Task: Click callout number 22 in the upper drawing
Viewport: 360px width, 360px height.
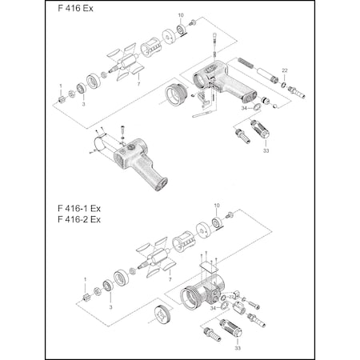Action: [284, 71]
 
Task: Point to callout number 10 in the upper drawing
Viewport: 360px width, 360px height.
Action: [180, 15]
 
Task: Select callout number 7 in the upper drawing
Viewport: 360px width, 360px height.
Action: [139, 83]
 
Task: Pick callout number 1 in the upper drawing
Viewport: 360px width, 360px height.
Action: [60, 86]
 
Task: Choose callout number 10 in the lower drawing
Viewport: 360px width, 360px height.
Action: [216, 206]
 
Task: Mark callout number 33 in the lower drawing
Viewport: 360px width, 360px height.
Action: [238, 347]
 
